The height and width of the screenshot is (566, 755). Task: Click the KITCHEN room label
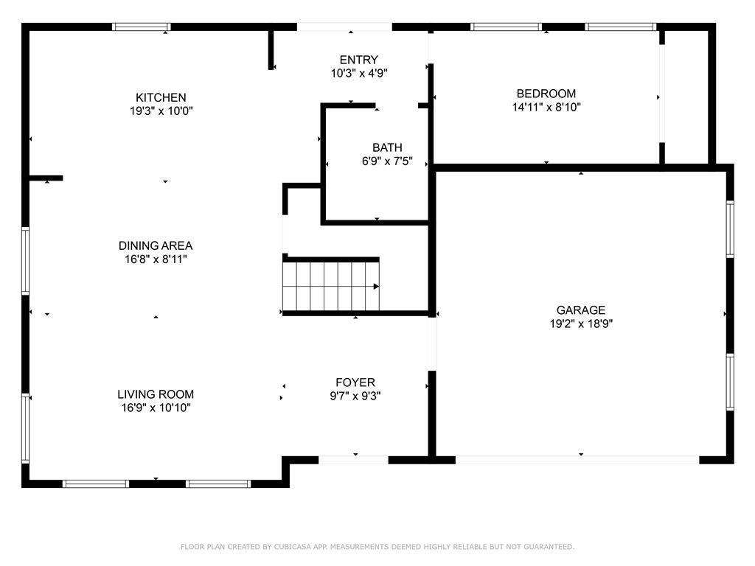(161, 97)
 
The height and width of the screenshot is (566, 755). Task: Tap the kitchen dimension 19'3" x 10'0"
(161, 111)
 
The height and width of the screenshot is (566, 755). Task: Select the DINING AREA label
(156, 245)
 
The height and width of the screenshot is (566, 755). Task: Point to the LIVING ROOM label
(156, 394)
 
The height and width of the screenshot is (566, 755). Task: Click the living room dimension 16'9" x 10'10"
(156, 408)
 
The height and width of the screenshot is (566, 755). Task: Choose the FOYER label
(355, 382)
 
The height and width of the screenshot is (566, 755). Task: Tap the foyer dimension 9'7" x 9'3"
(355, 396)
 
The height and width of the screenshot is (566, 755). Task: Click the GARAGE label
(581, 310)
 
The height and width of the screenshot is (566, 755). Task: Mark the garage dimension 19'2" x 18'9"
(581, 324)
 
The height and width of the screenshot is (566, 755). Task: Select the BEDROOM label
(546, 93)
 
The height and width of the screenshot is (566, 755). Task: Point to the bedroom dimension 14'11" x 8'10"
(546, 107)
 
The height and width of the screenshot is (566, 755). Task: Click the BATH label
(387, 147)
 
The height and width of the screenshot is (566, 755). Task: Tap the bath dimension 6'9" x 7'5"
(387, 161)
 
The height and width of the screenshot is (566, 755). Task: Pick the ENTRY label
(359, 60)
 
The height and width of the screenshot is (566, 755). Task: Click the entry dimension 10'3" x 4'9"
(359, 74)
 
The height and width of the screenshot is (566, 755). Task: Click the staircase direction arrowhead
(376, 286)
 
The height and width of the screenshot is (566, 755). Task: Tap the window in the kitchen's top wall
(142, 27)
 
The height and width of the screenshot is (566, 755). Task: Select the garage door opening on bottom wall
(577, 460)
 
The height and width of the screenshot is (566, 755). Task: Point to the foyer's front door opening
(353, 460)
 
